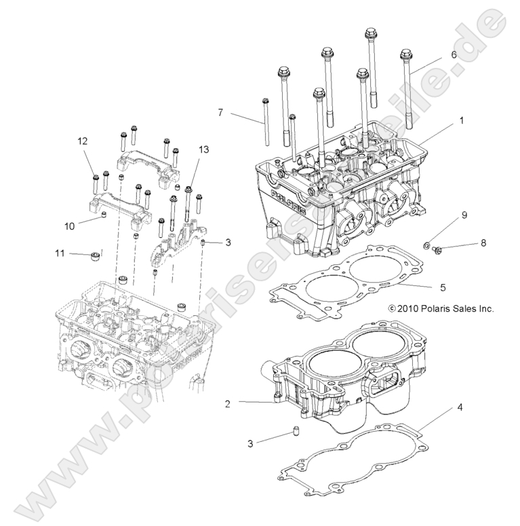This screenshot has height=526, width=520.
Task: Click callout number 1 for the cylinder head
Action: point(461,121)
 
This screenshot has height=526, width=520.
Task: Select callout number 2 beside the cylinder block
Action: point(228,403)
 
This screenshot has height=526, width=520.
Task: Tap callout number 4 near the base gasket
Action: point(460,408)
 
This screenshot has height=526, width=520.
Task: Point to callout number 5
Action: point(442,287)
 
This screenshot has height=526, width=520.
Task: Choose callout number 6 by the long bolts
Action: point(454,54)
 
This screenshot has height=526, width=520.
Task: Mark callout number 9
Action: point(464,216)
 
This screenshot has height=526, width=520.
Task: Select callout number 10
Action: point(68,225)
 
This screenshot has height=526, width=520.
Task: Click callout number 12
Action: point(82,141)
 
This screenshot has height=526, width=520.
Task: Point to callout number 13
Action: point(203,149)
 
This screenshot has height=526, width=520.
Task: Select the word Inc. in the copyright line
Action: point(483,308)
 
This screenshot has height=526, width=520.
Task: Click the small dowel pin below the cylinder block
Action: point(295,432)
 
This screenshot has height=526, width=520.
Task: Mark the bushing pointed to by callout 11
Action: point(95,257)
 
